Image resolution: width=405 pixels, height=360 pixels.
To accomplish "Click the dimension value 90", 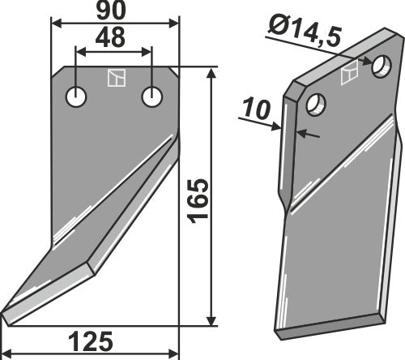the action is pos(111,11).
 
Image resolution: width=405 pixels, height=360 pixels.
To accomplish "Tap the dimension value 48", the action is pos(110,37).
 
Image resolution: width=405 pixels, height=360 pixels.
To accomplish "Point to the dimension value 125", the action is pos(91,341).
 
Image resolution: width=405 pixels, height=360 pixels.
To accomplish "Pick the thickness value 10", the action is pos(257,109).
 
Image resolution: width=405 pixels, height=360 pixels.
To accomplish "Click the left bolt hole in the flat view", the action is pos(76,97).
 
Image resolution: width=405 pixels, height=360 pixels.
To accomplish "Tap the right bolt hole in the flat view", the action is pos(152,97).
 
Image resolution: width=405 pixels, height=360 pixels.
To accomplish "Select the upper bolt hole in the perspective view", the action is pos(382,66).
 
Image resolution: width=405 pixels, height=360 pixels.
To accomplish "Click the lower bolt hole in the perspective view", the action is pos(316,105).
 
